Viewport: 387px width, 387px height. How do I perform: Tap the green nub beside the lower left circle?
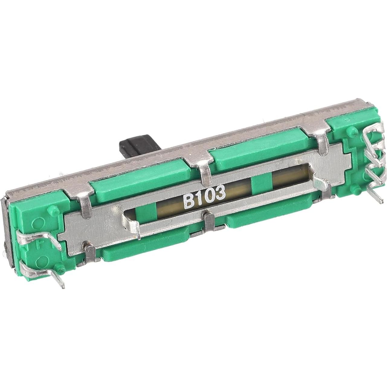(x=62, y=268)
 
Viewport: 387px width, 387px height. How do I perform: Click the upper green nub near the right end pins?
(x=352, y=131)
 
